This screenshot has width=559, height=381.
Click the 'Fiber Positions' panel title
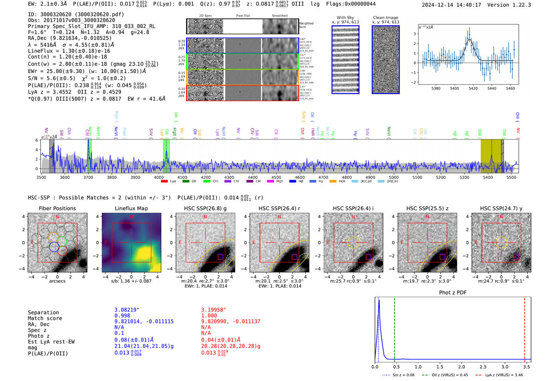(57, 208)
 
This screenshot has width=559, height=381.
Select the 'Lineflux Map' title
(131, 208)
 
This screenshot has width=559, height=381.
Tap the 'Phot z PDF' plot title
(452, 293)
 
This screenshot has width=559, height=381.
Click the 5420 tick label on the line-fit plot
(473, 88)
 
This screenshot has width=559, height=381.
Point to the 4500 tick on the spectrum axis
(276, 177)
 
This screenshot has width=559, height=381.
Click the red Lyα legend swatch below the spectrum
(164, 182)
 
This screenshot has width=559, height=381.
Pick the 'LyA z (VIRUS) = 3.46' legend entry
(500, 375)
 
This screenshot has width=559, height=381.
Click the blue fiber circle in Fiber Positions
(54, 247)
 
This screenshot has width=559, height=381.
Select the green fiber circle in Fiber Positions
(61, 241)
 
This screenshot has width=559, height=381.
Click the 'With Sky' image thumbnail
(345, 60)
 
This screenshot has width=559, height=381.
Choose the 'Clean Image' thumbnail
(385, 60)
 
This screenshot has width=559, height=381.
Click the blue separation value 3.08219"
(127, 310)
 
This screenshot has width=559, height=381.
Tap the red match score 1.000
(209, 316)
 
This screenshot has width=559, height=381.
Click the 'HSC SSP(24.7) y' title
(501, 208)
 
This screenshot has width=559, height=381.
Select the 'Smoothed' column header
(279, 16)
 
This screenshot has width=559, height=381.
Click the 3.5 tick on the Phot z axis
(527, 367)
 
